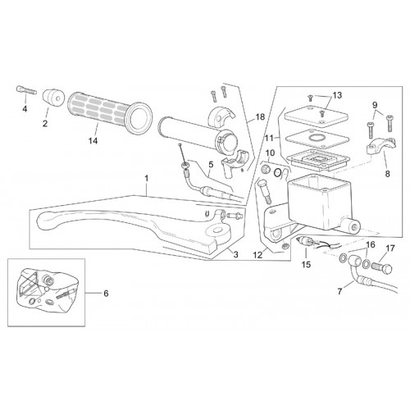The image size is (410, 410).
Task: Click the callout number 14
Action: [93, 141]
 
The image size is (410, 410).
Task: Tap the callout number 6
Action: [106, 294]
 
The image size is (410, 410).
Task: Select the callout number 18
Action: [260, 117]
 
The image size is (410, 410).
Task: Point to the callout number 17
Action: [390, 248]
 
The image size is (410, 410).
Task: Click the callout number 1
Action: [147, 179]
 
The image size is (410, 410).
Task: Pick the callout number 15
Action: [307, 264]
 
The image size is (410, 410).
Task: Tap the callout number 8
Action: [387, 174]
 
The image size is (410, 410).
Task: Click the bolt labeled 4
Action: [26, 90]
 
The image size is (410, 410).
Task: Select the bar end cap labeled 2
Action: [53, 98]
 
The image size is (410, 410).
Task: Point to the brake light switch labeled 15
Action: [307, 241]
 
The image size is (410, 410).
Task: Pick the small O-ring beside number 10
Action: [276, 172]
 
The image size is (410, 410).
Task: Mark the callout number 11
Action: [269, 139]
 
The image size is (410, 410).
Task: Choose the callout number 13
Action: [337, 95]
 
